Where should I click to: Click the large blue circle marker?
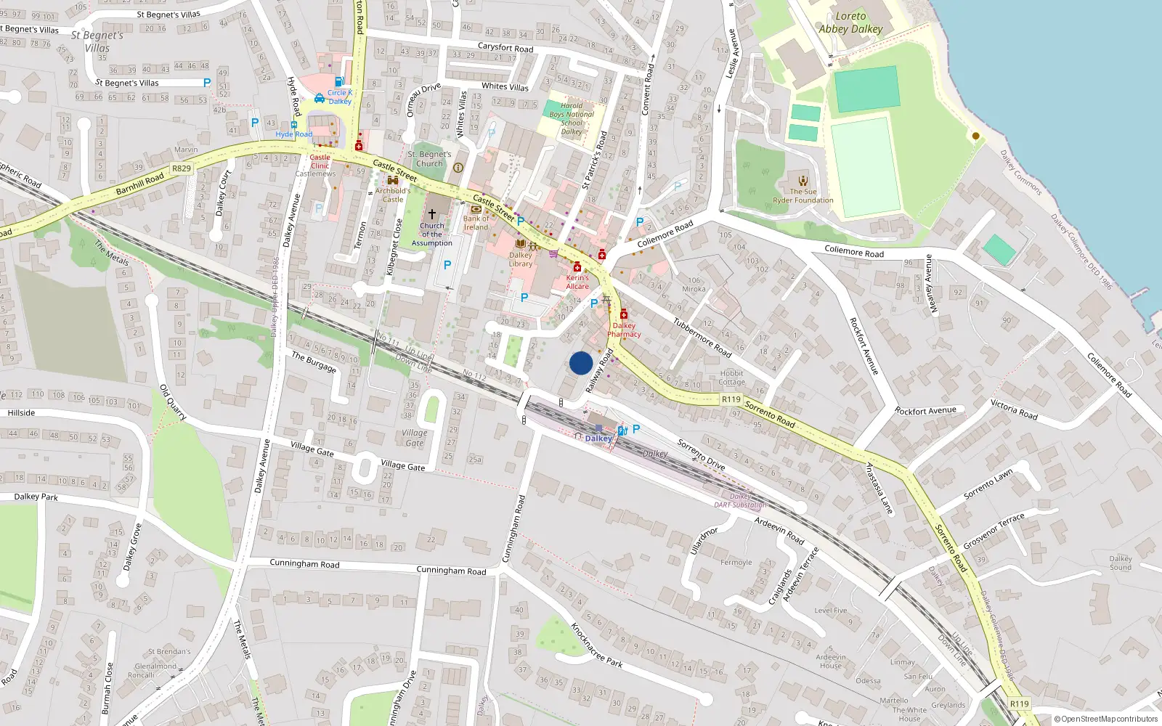pyautogui.click(x=581, y=363)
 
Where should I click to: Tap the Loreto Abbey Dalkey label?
pyautogui.click(x=850, y=23)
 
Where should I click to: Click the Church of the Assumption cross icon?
pyautogui.click(x=432, y=214)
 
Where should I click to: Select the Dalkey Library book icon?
pyautogui.click(x=520, y=244)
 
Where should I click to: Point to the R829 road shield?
pyautogui.click(x=182, y=168)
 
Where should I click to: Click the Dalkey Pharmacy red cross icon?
pyautogui.click(x=623, y=314)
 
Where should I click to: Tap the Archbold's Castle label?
pyautogui.click(x=393, y=195)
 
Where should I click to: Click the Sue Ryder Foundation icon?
pyautogui.click(x=803, y=181)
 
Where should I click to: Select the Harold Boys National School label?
pyautogui.click(x=572, y=118)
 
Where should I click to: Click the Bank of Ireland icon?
pyautogui.click(x=476, y=209)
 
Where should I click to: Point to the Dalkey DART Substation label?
pyautogui.click(x=740, y=501)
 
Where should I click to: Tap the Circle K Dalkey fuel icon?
pyautogui.click(x=338, y=81)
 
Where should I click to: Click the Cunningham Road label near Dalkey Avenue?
pyautogui.click(x=304, y=563)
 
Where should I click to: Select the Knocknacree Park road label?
pyautogui.click(x=597, y=645)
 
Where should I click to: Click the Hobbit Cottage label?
pyautogui.click(x=731, y=378)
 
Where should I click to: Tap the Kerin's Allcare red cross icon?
pyautogui.click(x=577, y=267)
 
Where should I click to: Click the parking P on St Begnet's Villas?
pyautogui.click(x=207, y=83)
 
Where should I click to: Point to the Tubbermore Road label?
pyautogui.click(x=702, y=337)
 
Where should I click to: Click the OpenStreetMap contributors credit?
pyautogui.click(x=1106, y=719)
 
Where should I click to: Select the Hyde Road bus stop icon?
pyautogui.click(x=293, y=125)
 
